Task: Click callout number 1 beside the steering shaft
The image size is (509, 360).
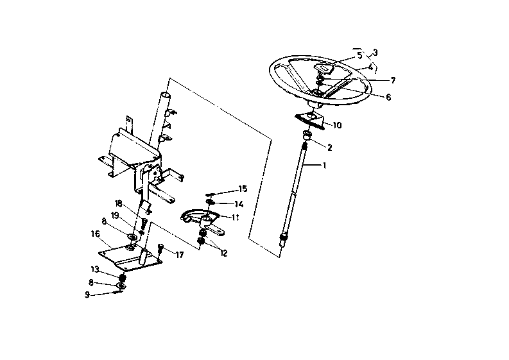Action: click(x=325, y=166)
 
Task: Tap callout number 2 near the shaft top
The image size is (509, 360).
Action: click(x=330, y=148)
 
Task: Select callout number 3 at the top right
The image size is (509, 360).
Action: click(x=375, y=53)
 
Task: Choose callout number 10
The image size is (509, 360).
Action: click(x=338, y=125)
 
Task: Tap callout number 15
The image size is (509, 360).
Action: click(x=243, y=189)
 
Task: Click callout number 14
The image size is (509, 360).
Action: click(x=239, y=203)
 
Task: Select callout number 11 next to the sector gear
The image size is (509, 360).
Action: click(x=236, y=217)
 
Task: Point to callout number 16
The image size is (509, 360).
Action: click(x=95, y=234)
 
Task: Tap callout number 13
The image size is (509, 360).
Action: click(x=94, y=269)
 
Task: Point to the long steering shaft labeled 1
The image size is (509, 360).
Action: click(x=298, y=186)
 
